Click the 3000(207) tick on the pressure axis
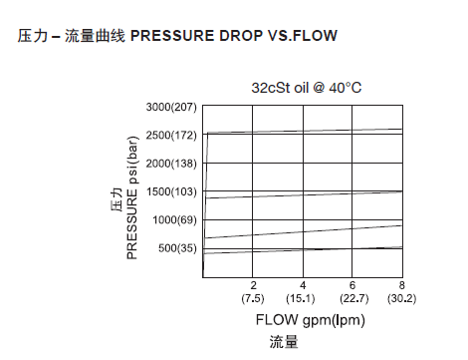coord(171,106)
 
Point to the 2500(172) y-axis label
coord(171,134)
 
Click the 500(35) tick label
coord(177,247)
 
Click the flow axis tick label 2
coord(253,285)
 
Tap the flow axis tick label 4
coord(303,285)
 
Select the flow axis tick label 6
coord(352,285)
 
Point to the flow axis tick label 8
coord(401,285)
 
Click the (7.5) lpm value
coord(253,298)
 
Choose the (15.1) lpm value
coord(303,298)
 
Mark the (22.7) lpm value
coord(352,298)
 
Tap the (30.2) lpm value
coord(401,298)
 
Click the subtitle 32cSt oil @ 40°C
coord(306,88)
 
